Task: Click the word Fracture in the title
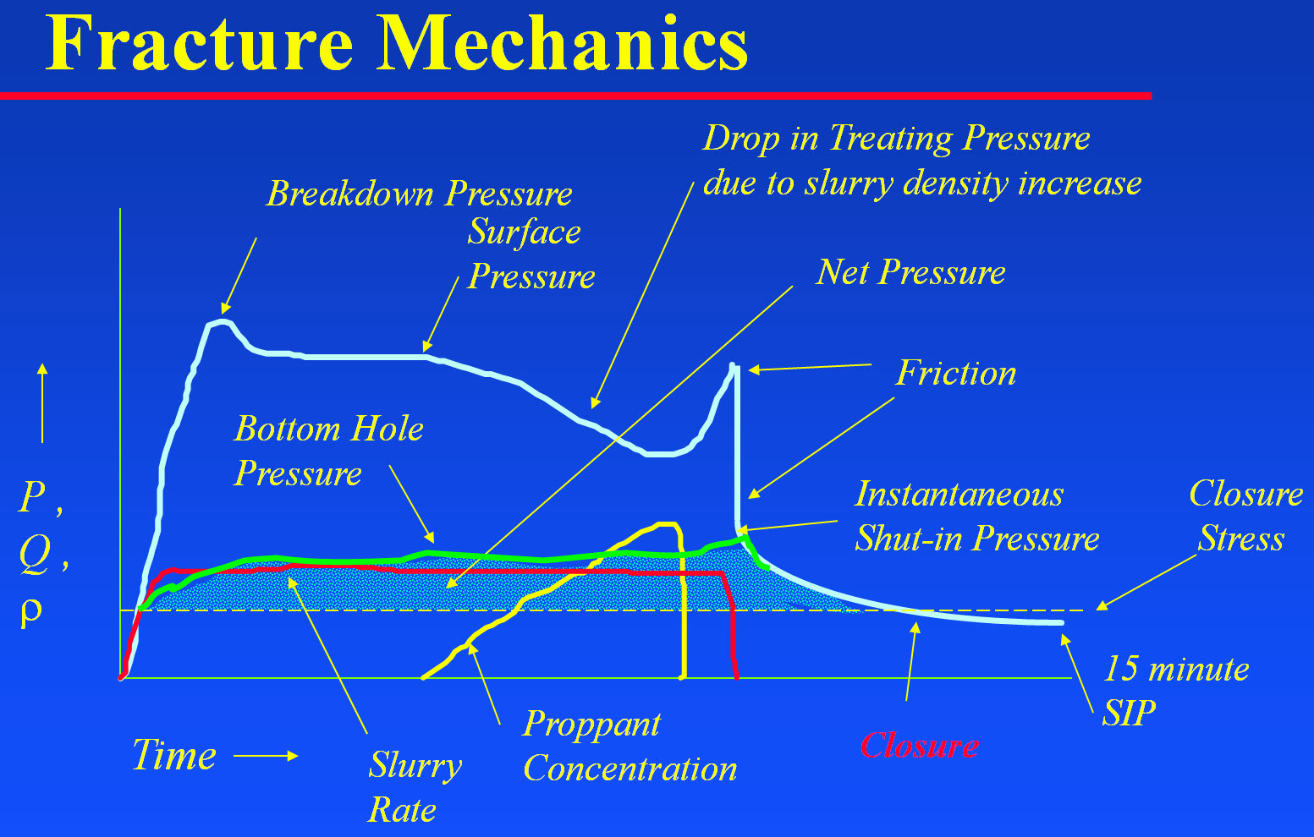(x=200, y=43)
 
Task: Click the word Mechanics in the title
(x=563, y=43)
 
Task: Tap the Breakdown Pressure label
(x=420, y=194)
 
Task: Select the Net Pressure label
(x=910, y=272)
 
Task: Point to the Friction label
(x=955, y=373)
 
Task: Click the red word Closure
(x=919, y=746)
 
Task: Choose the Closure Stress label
(x=1245, y=516)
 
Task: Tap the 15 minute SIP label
(x=1175, y=691)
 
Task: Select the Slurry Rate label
(x=415, y=787)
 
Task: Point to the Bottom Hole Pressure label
(x=328, y=451)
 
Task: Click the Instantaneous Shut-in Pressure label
(x=976, y=516)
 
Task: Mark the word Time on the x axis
(x=174, y=754)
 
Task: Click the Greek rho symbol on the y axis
(x=31, y=611)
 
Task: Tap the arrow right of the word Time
(x=266, y=756)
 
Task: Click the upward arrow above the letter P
(x=42, y=402)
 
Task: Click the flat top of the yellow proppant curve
(x=667, y=523)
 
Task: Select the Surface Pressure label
(x=531, y=254)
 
